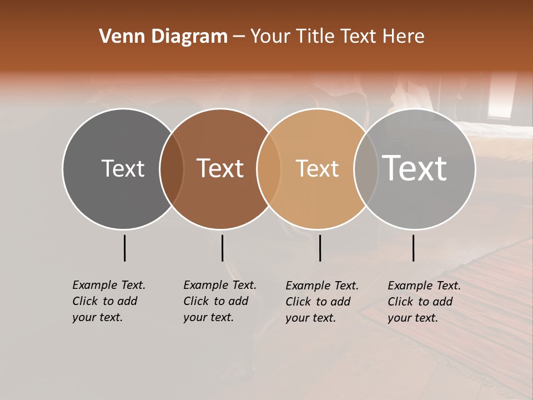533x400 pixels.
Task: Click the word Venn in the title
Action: (121, 37)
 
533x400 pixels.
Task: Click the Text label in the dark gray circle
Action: (123, 168)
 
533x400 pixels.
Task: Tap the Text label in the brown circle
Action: (220, 168)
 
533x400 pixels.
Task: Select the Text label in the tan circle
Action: (317, 168)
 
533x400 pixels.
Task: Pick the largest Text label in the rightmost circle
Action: (415, 168)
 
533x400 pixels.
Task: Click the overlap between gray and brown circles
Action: (172, 168)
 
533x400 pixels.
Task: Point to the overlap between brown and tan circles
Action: (269, 168)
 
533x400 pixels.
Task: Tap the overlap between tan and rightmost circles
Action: (366, 168)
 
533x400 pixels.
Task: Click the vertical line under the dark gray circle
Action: (124, 248)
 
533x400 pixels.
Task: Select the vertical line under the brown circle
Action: (222, 248)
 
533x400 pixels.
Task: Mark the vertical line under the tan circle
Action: (320, 248)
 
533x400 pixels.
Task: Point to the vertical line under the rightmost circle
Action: (413, 248)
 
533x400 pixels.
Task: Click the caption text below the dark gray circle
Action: (108, 301)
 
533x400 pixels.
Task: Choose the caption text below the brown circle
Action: (219, 301)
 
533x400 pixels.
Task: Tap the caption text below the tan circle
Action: (321, 302)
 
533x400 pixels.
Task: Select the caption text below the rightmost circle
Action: (424, 302)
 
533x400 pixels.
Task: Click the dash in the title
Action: (239, 37)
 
